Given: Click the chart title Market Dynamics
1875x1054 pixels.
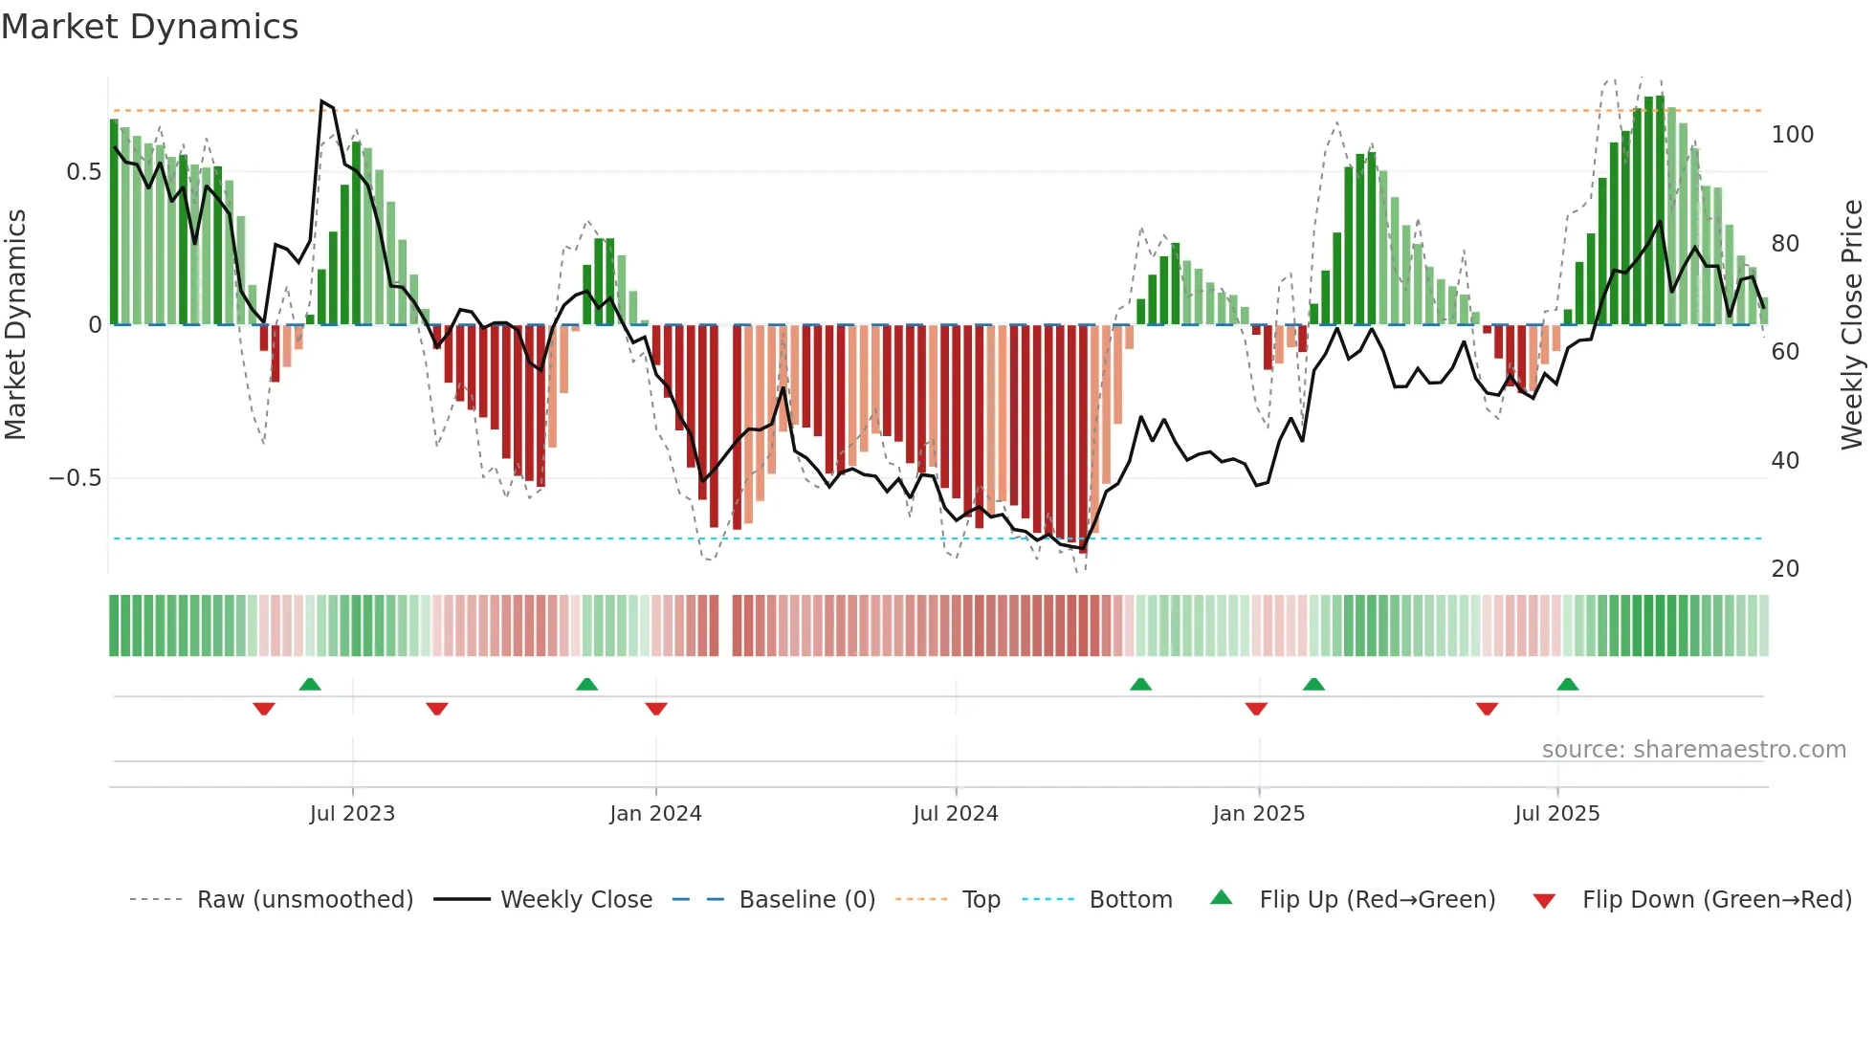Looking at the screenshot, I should [149, 27].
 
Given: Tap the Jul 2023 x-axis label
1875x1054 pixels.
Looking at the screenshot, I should [352, 814].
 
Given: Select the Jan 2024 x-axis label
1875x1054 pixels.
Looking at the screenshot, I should [655, 814].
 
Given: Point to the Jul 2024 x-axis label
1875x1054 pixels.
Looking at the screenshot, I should [955, 814].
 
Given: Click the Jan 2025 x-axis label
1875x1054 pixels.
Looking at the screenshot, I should [1258, 814].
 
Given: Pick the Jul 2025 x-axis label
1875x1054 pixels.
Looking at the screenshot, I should [1556, 814].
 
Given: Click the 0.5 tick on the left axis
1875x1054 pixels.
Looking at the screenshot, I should [83, 172].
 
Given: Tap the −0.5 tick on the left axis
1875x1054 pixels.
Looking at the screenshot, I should [75, 478].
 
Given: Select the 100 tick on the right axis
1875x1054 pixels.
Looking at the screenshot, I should [1792, 135].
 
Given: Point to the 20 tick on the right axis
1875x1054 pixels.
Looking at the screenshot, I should [1785, 569].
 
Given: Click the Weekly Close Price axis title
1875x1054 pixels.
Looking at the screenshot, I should [1852, 325].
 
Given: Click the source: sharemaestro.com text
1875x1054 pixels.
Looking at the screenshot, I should [1693, 750].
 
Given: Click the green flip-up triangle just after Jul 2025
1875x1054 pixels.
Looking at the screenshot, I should [1567, 684].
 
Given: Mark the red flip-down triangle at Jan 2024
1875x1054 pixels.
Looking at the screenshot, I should [656, 709].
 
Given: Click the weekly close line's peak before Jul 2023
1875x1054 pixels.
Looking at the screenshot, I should [321, 101].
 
